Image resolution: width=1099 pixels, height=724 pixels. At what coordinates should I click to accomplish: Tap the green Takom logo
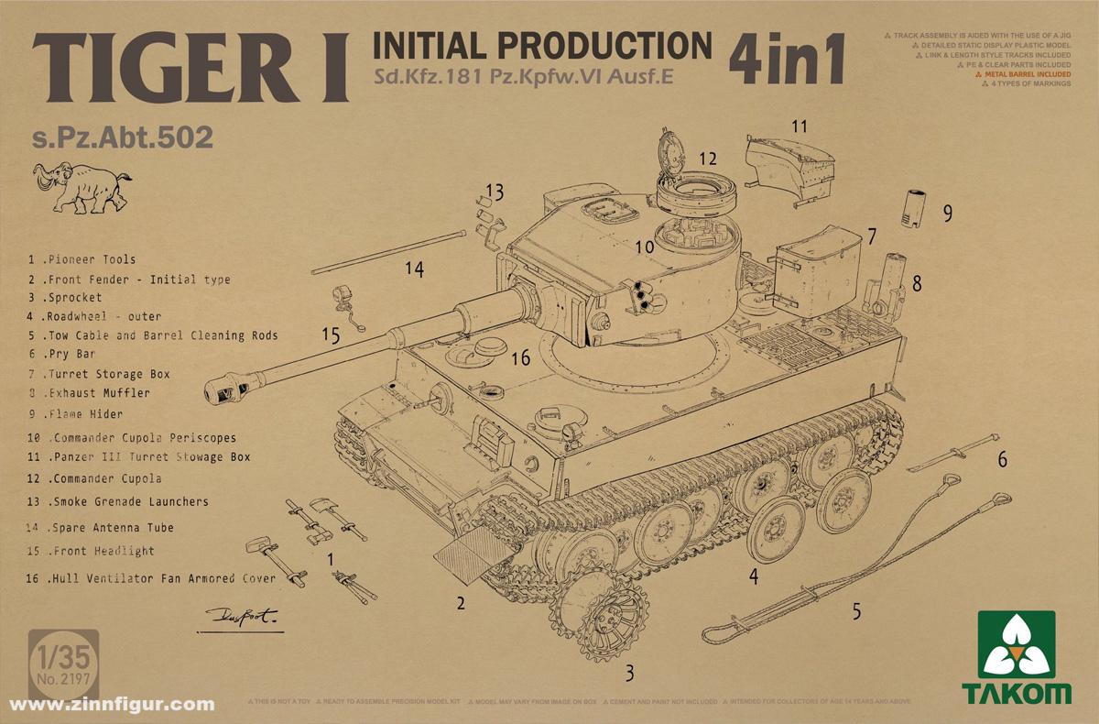[1023, 657]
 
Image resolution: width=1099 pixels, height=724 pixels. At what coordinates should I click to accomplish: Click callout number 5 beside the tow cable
[856, 610]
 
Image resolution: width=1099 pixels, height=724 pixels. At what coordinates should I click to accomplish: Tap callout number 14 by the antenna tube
[415, 269]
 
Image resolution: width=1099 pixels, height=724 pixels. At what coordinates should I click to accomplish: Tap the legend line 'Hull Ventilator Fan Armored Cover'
[151, 578]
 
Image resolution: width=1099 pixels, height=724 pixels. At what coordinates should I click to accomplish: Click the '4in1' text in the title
[786, 60]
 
